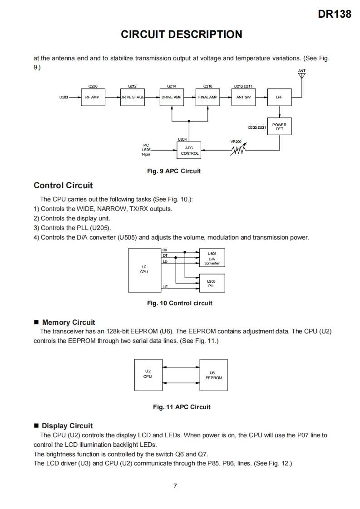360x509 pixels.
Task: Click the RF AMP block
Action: [93, 97]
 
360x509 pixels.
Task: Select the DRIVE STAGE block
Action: [132, 97]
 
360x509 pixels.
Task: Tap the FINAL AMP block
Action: [208, 97]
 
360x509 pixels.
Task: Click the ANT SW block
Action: [243, 97]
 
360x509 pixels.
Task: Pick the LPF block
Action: [279, 97]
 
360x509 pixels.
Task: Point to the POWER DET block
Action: [279, 127]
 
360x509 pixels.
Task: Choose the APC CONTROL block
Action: [189, 150]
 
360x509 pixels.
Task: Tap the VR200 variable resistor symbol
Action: [239, 149]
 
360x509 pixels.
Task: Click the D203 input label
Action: [64, 97]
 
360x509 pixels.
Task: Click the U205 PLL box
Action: [212, 284]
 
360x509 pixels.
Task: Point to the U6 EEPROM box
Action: [213, 375]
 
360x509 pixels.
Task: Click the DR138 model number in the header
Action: [335, 14]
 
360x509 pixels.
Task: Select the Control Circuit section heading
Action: [63, 185]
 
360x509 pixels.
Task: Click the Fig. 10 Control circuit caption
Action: [180, 303]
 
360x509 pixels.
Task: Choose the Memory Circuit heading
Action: [69, 322]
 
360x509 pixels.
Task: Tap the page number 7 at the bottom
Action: [175, 486]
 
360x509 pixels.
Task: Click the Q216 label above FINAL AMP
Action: [208, 86]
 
